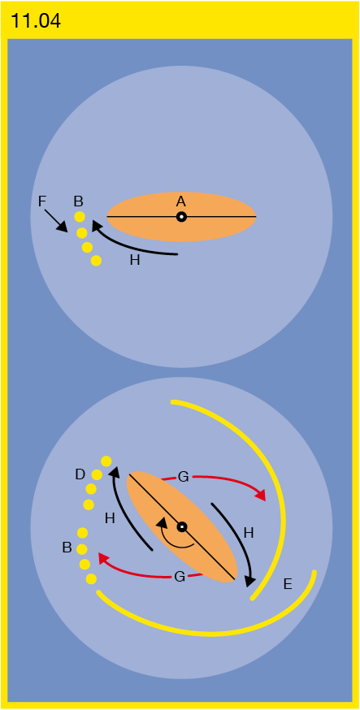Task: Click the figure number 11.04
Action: pyautogui.click(x=35, y=21)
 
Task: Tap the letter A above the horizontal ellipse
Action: pyautogui.click(x=181, y=202)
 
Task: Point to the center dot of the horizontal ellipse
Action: pyautogui.click(x=181, y=217)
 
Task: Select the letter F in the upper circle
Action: pyautogui.click(x=42, y=201)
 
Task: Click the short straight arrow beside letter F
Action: pyautogui.click(x=57, y=222)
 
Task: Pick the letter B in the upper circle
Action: pyautogui.click(x=79, y=201)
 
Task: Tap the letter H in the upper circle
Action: pyautogui.click(x=134, y=262)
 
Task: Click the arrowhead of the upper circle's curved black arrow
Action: pyautogui.click(x=97, y=226)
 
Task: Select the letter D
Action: pyautogui.click(x=80, y=475)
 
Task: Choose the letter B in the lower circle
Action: pyautogui.click(x=67, y=548)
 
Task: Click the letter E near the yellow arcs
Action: pyautogui.click(x=288, y=584)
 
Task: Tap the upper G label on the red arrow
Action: pyautogui.click(x=183, y=477)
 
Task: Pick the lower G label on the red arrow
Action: pyautogui.click(x=180, y=577)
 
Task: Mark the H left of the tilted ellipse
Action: pyautogui.click(x=110, y=519)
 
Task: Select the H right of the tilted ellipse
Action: pyautogui.click(x=248, y=533)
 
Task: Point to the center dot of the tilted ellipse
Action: pyautogui.click(x=181, y=526)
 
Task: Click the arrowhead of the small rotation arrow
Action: pyautogui.click(x=160, y=524)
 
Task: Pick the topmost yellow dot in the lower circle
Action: pyautogui.click(x=106, y=461)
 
